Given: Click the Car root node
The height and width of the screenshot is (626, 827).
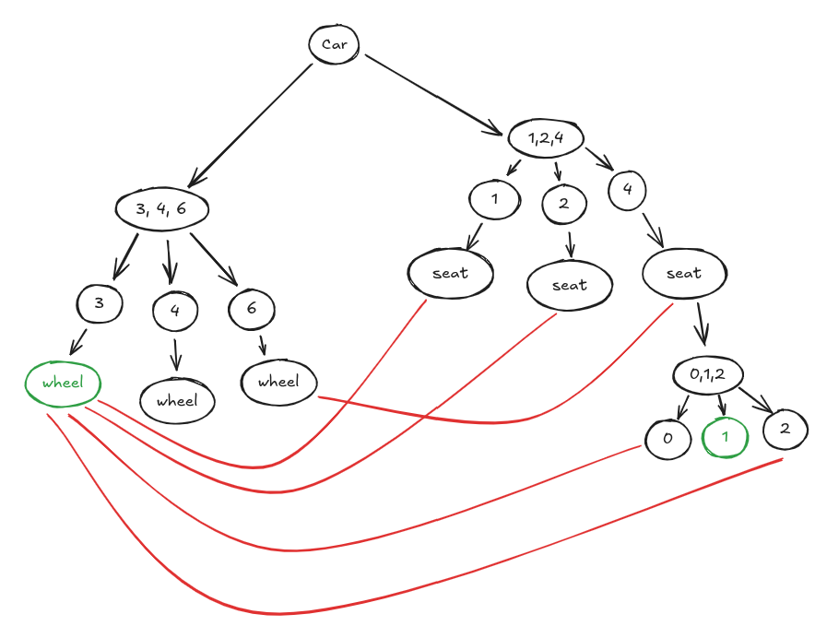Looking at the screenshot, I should click(x=333, y=44).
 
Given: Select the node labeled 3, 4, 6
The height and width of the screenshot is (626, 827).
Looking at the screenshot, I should click(x=161, y=208).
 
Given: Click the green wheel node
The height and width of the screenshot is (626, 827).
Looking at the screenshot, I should click(x=62, y=383).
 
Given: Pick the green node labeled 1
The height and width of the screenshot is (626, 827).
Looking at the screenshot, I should click(x=725, y=438).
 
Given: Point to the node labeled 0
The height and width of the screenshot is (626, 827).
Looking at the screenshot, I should click(x=667, y=439).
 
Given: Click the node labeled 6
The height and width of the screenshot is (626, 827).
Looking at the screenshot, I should click(x=251, y=309).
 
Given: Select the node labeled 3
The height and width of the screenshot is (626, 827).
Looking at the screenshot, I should click(x=100, y=303).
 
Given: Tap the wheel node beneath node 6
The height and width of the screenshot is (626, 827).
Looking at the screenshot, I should click(x=278, y=381).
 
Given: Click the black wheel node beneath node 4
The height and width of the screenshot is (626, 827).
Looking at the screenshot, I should click(x=177, y=401).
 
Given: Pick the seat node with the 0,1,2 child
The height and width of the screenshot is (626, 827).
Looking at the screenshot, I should click(x=684, y=273).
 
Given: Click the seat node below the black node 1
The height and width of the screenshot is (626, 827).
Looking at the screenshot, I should click(x=450, y=273).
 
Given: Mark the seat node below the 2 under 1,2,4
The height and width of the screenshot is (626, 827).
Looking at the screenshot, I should click(x=570, y=285).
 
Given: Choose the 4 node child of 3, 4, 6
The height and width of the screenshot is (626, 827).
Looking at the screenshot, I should click(x=175, y=311).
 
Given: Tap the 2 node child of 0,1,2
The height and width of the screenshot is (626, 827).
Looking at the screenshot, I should click(x=785, y=429).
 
